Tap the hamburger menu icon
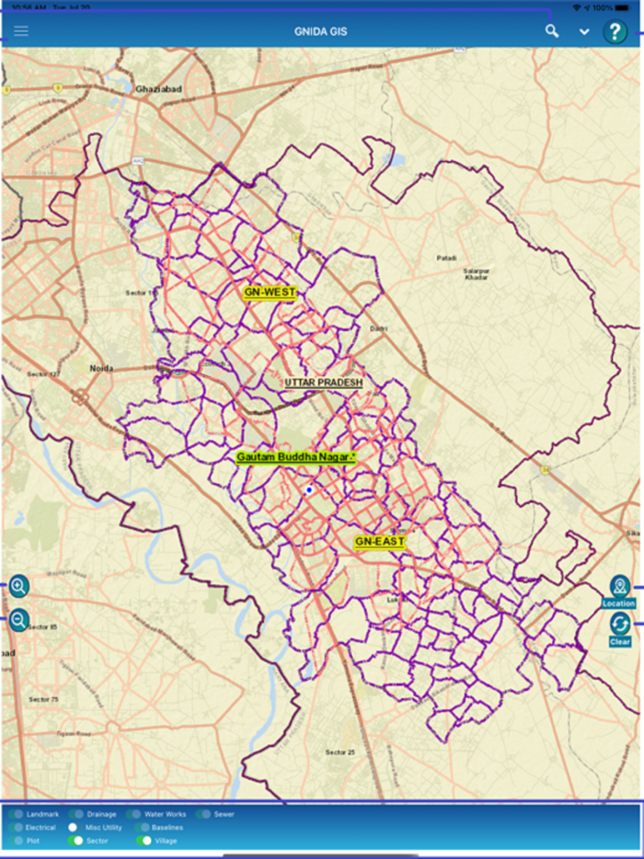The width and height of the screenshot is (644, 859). click(20, 31)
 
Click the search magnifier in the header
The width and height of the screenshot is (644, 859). click(551, 31)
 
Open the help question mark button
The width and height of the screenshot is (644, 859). click(615, 32)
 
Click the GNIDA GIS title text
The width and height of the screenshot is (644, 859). click(317, 31)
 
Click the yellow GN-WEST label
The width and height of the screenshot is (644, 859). click(270, 292)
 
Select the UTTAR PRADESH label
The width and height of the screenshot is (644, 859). click(324, 383)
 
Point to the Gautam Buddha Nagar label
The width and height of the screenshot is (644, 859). click(295, 457)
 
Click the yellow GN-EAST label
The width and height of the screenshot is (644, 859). click(380, 542)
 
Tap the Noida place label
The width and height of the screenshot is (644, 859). click(101, 368)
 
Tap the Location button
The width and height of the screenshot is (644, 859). click(619, 591)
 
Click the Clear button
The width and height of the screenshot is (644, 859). click(619, 630)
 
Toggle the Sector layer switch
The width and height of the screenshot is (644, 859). click(75, 841)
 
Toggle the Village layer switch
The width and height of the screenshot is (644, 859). click(144, 841)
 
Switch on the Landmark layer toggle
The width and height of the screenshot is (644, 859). click(17, 814)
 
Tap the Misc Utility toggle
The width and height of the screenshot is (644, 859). click(75, 828)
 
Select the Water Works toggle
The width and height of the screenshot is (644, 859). click(133, 814)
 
